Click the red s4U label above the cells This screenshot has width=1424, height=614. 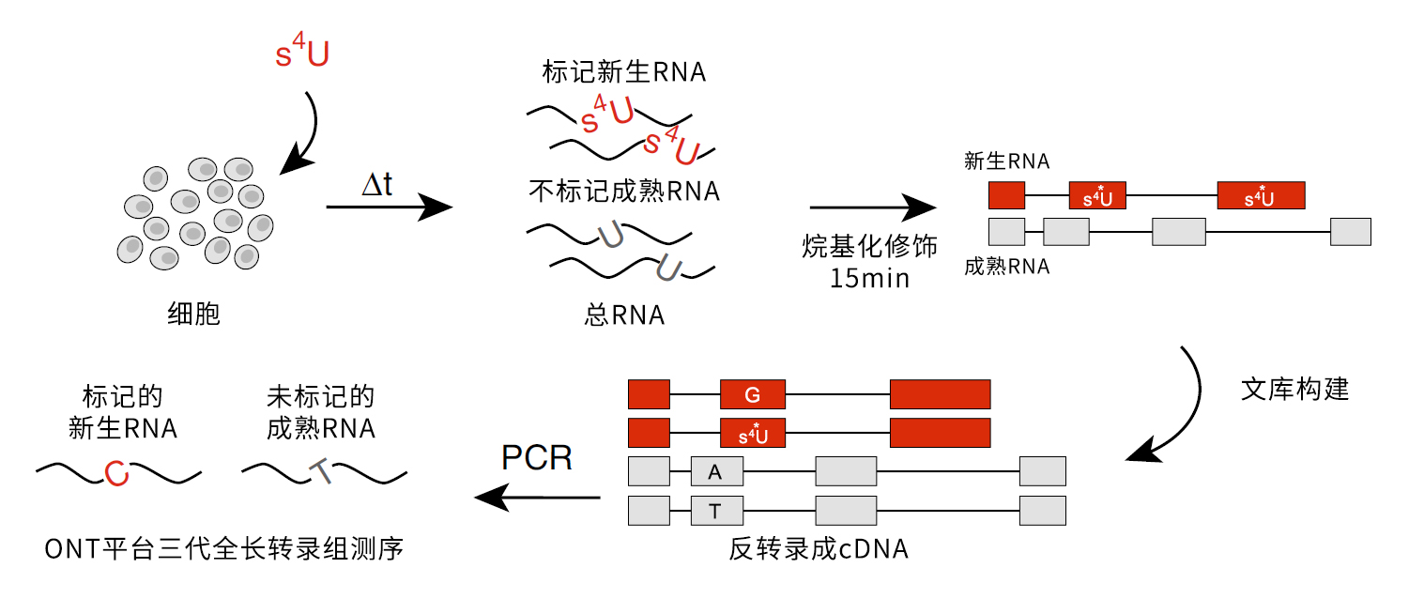tap(302, 54)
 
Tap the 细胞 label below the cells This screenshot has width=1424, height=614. tap(193, 314)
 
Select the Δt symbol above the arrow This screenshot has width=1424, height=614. tap(377, 184)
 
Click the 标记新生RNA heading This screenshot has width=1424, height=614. tap(624, 72)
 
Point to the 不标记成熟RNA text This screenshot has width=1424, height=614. tap(624, 192)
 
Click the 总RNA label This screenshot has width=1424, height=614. tap(624, 315)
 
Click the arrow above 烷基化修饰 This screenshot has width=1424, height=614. tap(872, 207)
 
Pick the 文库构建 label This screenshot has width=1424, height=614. tap(1294, 390)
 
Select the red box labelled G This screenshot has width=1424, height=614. tap(752, 395)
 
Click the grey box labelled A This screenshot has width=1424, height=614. tap(716, 472)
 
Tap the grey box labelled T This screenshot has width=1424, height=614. tap(716, 511)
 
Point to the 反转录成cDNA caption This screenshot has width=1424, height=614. tap(819, 549)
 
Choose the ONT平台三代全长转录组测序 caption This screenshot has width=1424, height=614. tap(224, 548)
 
